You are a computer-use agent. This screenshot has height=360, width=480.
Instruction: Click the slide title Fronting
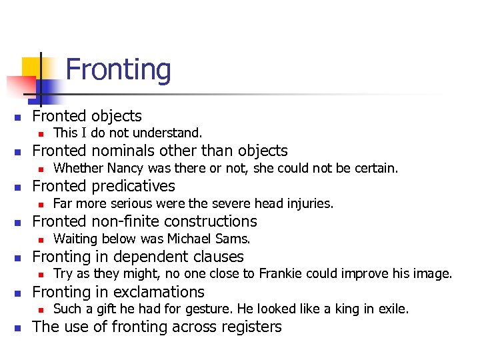click(x=119, y=70)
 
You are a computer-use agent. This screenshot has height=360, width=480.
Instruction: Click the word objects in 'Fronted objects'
click(x=117, y=116)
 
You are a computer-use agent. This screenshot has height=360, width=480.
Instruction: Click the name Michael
click(x=197, y=239)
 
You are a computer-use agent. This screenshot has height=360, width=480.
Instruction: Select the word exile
click(x=393, y=309)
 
